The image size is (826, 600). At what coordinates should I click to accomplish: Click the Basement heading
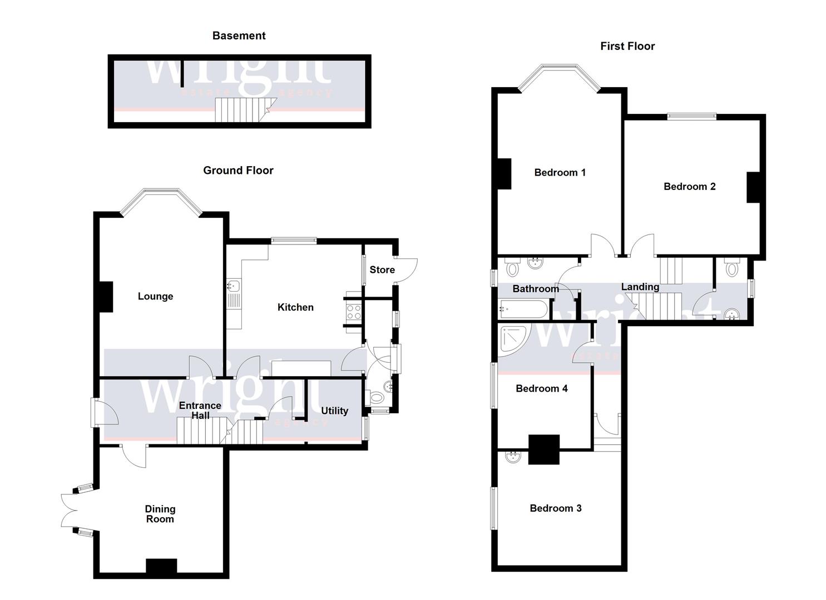coord(239,36)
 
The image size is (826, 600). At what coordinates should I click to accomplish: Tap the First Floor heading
coord(627,46)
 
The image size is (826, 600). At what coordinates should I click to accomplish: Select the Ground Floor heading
coord(238,171)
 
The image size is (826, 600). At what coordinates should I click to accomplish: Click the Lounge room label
coord(155,296)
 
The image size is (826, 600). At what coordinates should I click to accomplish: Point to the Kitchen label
coord(295,307)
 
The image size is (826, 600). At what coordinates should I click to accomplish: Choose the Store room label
coord(382,269)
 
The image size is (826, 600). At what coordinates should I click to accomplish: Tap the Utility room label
coord(334,411)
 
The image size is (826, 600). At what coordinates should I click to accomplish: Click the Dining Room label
coord(160,514)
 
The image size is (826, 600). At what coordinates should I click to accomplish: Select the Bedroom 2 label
coord(689,186)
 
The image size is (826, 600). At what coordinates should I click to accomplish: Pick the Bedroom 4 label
coord(541,388)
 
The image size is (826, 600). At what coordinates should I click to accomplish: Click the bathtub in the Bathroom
coord(523,308)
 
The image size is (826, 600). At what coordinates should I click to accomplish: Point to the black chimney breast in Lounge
coord(106,297)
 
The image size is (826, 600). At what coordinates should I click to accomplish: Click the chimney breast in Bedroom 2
coord(753,187)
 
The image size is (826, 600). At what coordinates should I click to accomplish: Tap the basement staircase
coord(242,109)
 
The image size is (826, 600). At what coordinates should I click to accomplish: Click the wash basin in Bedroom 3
coord(513,457)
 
